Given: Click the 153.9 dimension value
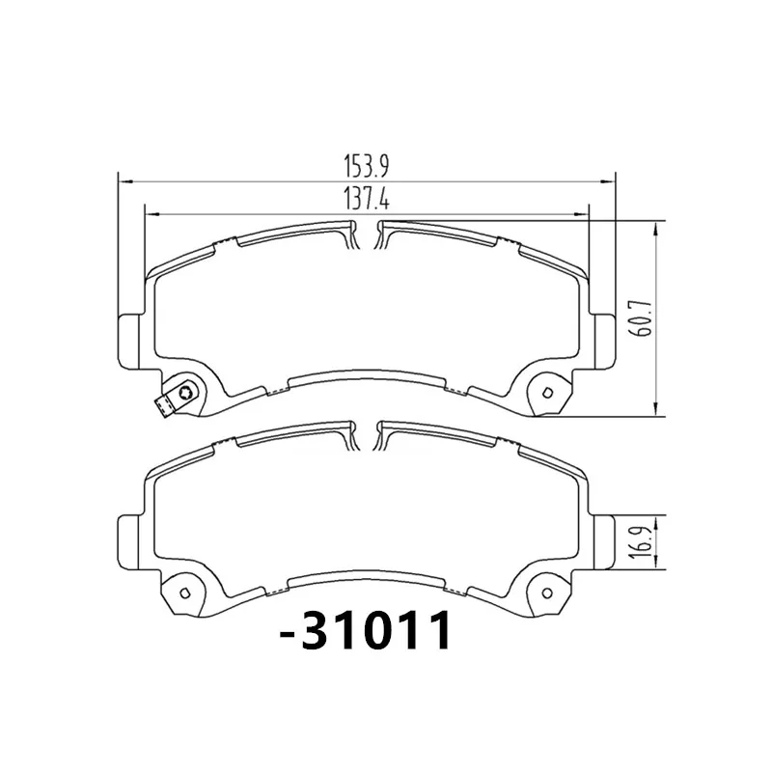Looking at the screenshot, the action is click(367, 166).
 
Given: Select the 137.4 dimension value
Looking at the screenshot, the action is click(367, 200).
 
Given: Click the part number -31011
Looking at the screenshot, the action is click(365, 631).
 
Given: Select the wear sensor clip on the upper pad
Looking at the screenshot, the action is click(177, 399).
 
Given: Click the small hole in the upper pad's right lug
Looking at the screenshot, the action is click(546, 393).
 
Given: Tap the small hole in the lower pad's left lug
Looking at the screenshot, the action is click(185, 593).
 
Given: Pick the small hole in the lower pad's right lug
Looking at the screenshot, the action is click(546, 593).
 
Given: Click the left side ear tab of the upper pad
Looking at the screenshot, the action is click(129, 341).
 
